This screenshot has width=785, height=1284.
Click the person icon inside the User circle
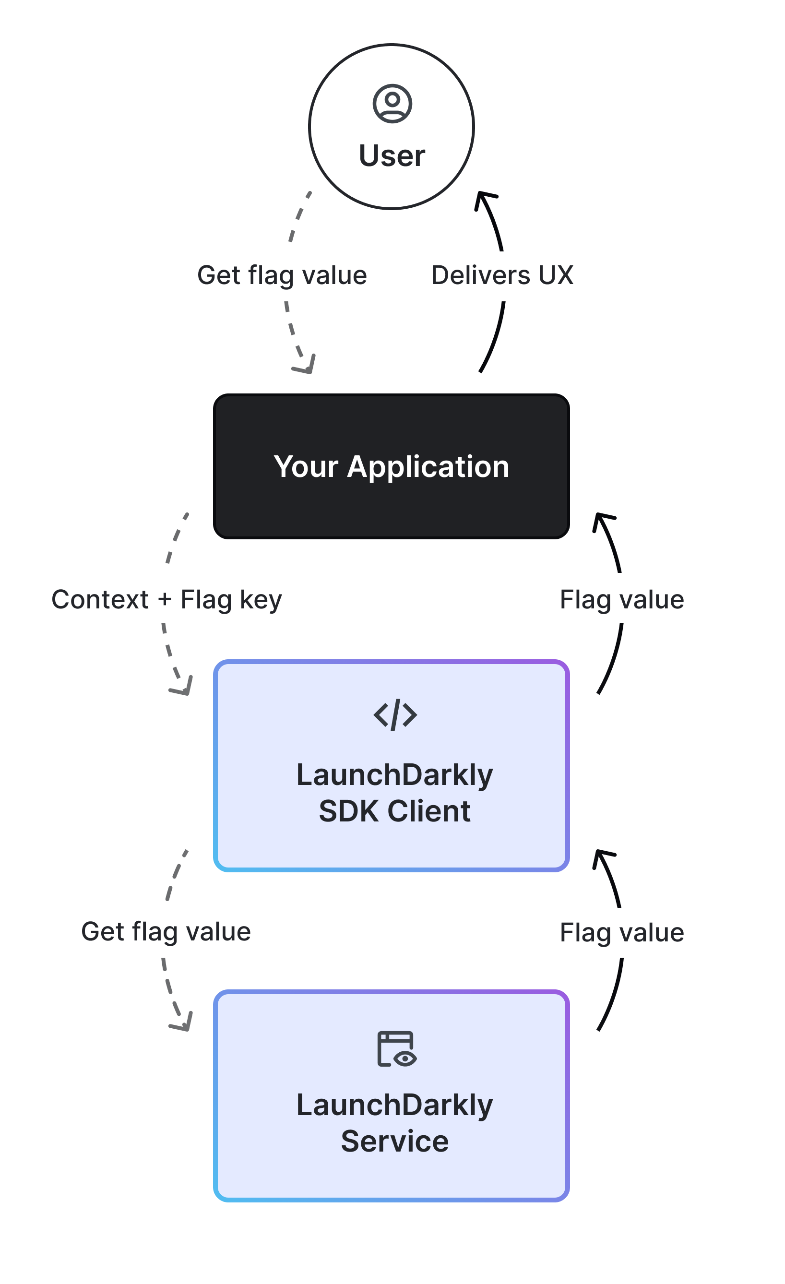pos(392,104)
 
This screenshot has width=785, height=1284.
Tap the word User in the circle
pos(392,156)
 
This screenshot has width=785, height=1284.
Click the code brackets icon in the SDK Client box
pos(395,715)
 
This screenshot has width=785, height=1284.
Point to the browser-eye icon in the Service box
pos(396,1048)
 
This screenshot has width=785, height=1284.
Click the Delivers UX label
pos(502,275)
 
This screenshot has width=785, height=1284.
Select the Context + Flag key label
pos(167,599)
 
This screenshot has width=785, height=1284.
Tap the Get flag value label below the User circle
pos(282,275)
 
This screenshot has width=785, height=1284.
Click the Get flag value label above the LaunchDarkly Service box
pos(166,931)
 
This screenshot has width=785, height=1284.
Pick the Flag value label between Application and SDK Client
pos(621,599)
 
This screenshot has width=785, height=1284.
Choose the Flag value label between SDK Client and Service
pos(621,932)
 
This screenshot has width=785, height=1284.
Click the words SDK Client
pos(394,811)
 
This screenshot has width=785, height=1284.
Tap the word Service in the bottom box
pos(394,1141)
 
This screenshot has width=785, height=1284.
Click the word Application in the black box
pos(428,466)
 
